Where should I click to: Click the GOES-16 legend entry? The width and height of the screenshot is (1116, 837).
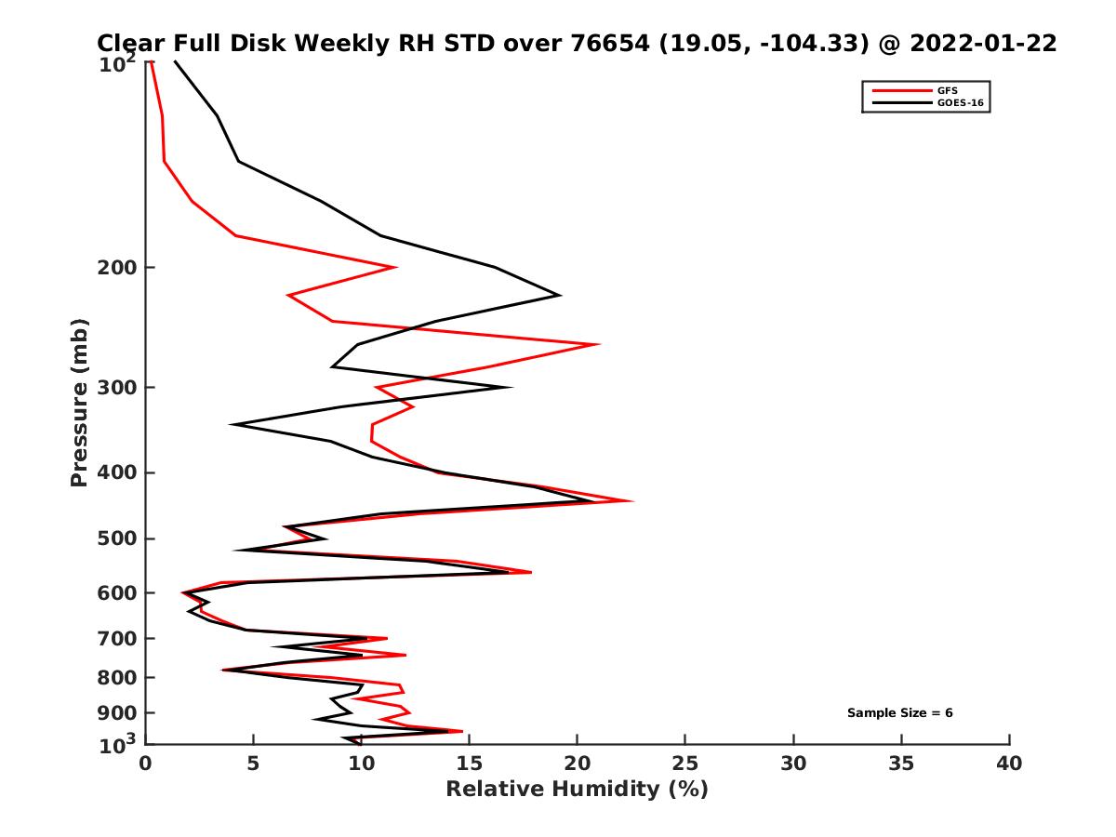(x=957, y=102)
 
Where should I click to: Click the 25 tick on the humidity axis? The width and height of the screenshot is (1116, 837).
(x=685, y=764)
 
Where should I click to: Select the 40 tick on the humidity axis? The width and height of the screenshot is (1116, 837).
(x=1009, y=764)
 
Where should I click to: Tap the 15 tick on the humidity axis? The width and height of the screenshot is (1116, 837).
(x=470, y=764)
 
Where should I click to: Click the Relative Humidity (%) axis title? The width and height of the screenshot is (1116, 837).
(x=577, y=790)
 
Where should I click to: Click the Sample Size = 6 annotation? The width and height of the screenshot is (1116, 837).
(x=899, y=713)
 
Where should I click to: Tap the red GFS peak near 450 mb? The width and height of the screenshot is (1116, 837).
(x=633, y=501)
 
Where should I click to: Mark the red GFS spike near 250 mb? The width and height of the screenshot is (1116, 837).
(x=599, y=344)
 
